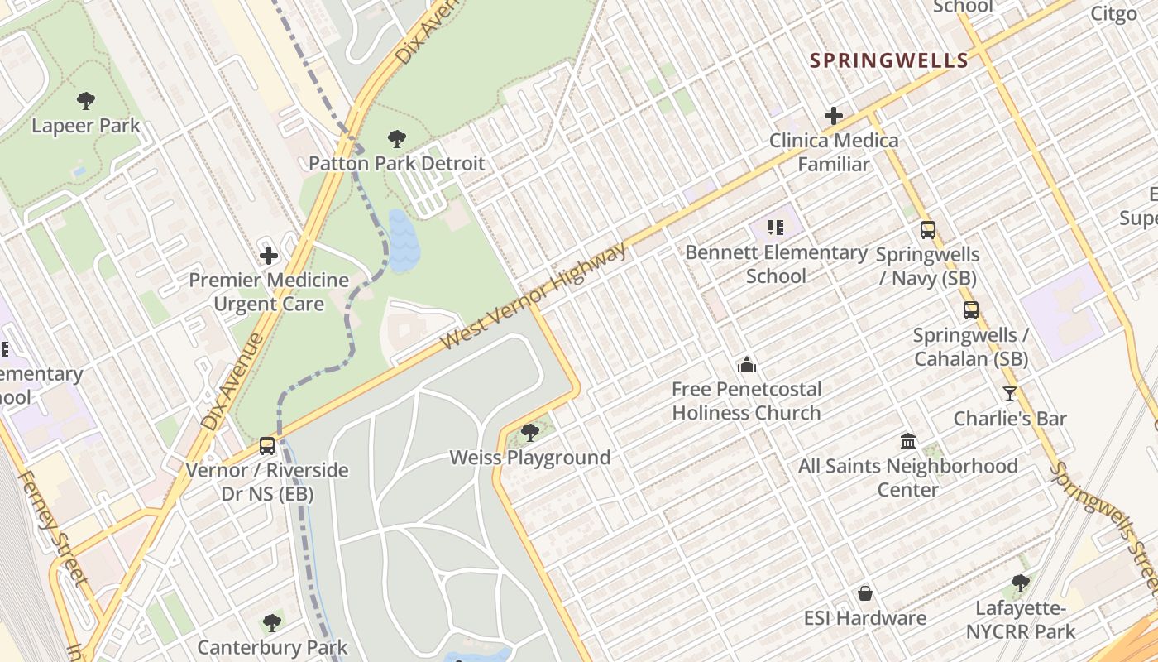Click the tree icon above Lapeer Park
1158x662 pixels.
point(85,101)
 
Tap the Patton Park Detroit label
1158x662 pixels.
point(396,163)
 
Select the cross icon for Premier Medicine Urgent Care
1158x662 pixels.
point(269,256)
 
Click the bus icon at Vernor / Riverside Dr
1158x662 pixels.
point(266,446)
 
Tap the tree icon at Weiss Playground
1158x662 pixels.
point(529,432)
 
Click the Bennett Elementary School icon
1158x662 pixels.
point(775,228)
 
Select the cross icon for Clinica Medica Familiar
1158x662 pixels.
point(834,116)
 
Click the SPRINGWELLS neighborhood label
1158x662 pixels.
point(888,60)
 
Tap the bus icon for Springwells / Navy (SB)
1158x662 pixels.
point(928,230)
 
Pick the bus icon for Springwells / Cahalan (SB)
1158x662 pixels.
point(971,310)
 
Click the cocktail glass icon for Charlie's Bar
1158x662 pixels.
point(1009,394)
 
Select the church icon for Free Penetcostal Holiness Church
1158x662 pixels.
point(746,364)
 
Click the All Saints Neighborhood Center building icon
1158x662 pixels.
point(907,441)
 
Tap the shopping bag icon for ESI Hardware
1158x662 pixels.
point(865,593)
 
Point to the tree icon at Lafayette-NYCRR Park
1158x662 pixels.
point(1021,583)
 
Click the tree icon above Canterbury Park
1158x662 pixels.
point(272,622)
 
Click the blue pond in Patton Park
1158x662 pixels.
point(403,240)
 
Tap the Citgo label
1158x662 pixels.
point(1113,13)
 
